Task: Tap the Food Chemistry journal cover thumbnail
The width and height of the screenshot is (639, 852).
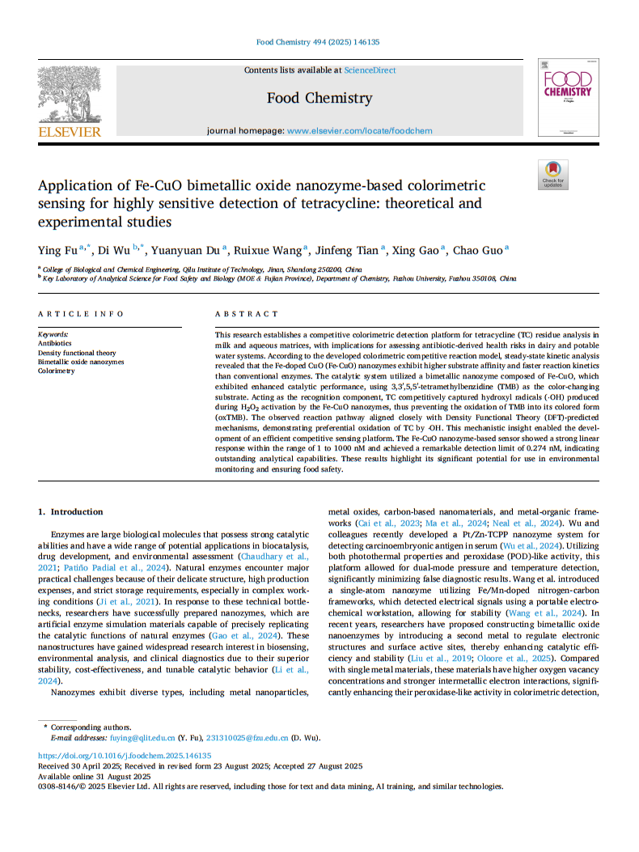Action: pyautogui.click(x=568, y=97)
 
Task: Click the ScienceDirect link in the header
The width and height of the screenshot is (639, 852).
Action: pyautogui.click(x=370, y=70)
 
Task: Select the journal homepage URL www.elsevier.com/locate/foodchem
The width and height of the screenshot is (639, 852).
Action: pyautogui.click(x=359, y=130)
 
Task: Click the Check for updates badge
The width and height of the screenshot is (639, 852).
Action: pyautogui.click(x=552, y=174)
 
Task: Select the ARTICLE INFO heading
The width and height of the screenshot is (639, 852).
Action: pyautogui.click(x=81, y=314)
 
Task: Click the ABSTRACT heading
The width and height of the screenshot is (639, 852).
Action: pyautogui.click(x=246, y=314)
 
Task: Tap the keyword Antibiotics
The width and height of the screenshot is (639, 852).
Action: pyautogui.click(x=55, y=343)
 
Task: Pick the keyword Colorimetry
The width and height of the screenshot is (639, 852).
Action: pyautogui.click(x=56, y=371)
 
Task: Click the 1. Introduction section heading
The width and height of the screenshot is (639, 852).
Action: pyautogui.click(x=71, y=511)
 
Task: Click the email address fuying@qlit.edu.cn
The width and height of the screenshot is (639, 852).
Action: pyautogui.click(x=131, y=738)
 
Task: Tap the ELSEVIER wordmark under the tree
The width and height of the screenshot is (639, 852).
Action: pyautogui.click(x=70, y=132)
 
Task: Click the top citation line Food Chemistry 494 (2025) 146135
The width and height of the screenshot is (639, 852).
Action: pyautogui.click(x=319, y=42)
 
